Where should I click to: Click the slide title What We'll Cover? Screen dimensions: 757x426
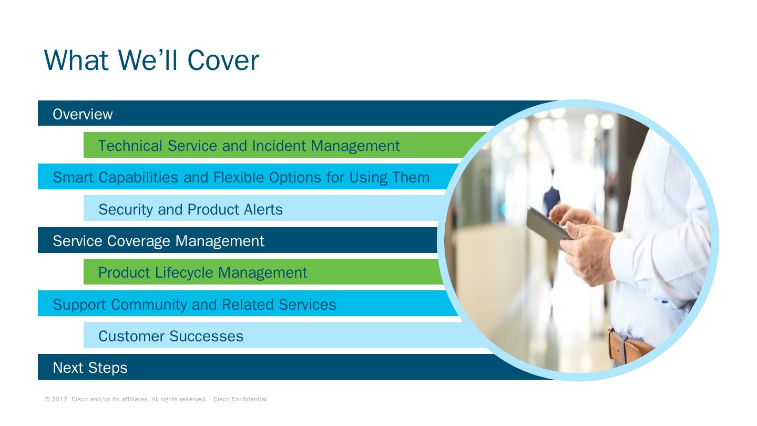[x=151, y=60]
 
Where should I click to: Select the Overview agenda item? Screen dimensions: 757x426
[x=83, y=114]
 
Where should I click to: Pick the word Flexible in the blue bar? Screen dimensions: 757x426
[x=239, y=177]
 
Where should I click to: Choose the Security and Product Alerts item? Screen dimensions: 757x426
[x=190, y=209]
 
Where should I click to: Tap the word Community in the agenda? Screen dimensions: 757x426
[x=149, y=305]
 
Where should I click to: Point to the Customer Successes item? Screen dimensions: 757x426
[x=171, y=336]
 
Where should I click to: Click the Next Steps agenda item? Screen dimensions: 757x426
[x=90, y=368]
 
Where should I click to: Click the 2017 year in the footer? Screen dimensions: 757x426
[x=59, y=399]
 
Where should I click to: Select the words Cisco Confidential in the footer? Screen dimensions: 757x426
[x=240, y=399]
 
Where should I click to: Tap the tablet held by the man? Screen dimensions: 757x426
[x=547, y=228]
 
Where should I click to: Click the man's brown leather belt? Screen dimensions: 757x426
[x=629, y=347]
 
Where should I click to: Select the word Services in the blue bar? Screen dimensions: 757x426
[x=307, y=305]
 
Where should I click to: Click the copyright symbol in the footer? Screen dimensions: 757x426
[x=47, y=399]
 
